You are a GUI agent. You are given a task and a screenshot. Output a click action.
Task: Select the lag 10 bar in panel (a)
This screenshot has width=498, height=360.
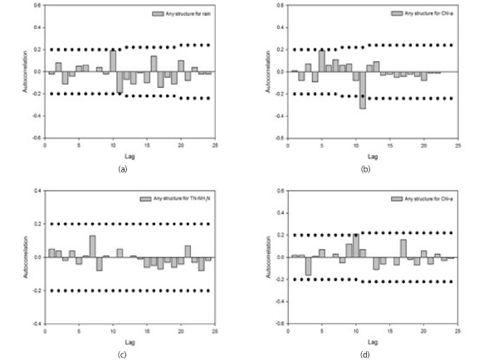coord(113,61)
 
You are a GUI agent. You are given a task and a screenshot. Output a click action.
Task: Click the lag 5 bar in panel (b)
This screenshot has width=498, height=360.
coord(321,61)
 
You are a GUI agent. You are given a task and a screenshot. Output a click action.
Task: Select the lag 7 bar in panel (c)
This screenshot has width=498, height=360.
coord(92,246)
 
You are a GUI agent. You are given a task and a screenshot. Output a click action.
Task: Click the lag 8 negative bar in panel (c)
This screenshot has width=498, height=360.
coord(99,264)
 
